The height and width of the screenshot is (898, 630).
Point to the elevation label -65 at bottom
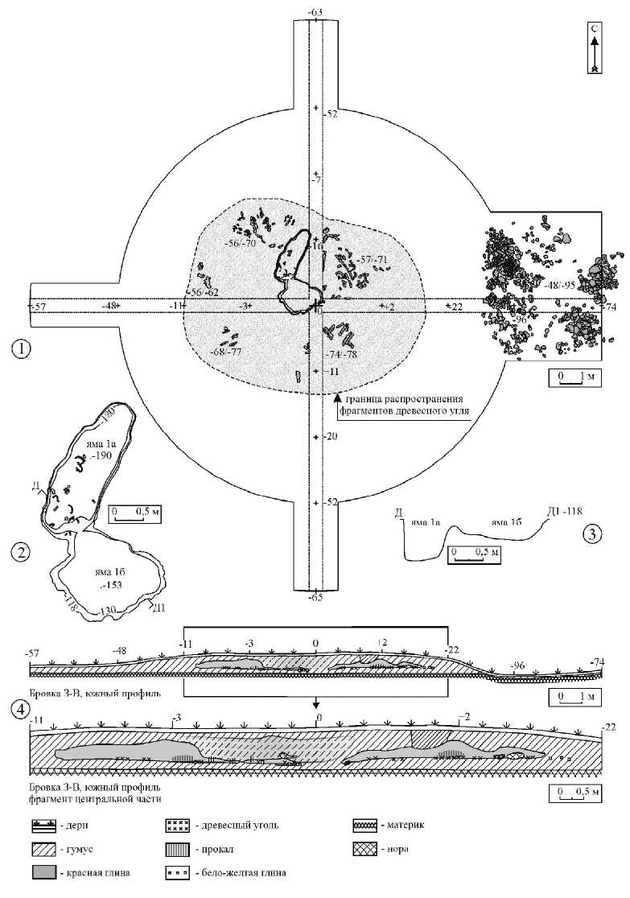[x=315, y=598]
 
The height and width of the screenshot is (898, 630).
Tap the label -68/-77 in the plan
[x=226, y=352]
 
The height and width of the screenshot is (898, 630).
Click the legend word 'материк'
[x=406, y=826]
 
